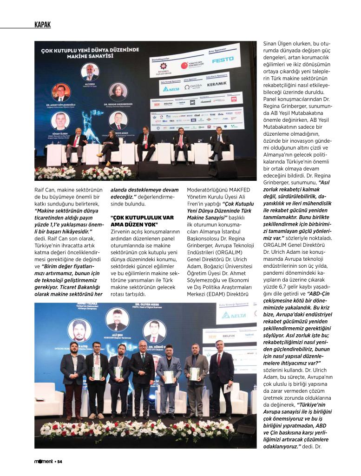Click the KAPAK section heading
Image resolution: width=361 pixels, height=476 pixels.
[42, 25]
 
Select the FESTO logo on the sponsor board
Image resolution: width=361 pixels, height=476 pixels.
[223, 60]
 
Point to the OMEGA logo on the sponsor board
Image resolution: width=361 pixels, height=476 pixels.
[193, 86]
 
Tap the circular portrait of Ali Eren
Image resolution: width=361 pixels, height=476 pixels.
[90, 72]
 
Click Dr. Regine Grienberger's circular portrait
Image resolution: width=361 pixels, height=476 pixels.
[118, 92]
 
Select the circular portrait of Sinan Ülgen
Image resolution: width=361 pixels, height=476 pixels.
[60, 120]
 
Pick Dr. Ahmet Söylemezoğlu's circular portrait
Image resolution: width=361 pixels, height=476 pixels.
[61, 93]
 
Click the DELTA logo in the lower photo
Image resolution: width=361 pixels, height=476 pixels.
[233, 315]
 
